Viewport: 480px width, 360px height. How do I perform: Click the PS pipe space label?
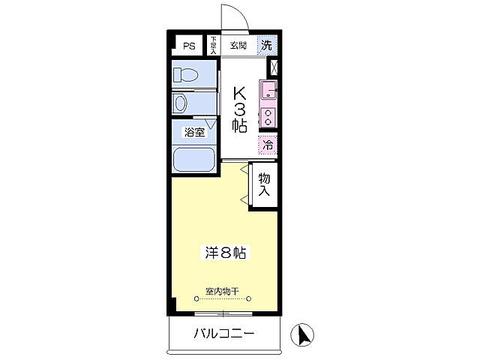tap(188, 46)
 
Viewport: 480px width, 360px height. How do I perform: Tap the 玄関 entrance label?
tap(239, 44)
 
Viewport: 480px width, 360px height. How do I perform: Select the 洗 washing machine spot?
tap(266, 45)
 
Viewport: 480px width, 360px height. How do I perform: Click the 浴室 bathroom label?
tap(194, 133)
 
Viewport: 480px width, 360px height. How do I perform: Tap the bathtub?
tap(193, 159)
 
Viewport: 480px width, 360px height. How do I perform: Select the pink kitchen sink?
tap(268, 92)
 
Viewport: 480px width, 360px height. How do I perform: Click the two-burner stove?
tap(268, 117)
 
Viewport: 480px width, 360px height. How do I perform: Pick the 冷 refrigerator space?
tap(268, 144)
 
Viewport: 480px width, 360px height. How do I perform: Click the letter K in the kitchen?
tap(239, 93)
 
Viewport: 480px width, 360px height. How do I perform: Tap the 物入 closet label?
tap(265, 184)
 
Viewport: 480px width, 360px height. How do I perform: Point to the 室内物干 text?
tap(222, 291)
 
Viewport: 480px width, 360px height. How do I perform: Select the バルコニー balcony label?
tap(224, 333)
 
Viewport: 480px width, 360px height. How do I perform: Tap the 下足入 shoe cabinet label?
tap(213, 45)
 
